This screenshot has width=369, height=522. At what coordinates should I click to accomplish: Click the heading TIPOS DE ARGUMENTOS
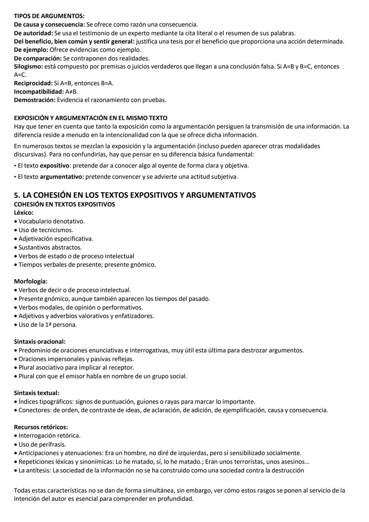(49, 16)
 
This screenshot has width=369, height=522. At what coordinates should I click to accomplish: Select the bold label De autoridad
(33, 33)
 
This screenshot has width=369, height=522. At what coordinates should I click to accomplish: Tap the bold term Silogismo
(28, 66)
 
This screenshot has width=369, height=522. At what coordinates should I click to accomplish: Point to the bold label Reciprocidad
(33, 83)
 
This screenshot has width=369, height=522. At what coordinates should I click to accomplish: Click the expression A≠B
(71, 92)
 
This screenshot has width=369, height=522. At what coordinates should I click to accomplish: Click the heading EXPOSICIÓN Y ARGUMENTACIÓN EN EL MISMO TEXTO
(91, 118)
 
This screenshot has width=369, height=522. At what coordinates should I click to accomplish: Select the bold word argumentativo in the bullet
(61, 177)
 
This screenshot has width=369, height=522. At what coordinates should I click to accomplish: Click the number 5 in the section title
(16, 195)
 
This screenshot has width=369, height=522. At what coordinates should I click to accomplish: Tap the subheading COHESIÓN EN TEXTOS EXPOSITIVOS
(64, 205)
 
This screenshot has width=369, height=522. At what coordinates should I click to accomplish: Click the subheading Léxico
(24, 213)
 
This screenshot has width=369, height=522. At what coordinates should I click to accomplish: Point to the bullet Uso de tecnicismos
(46, 230)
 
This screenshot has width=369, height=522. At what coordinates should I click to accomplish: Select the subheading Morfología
(30, 282)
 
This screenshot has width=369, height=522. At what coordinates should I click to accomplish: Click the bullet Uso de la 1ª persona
(47, 325)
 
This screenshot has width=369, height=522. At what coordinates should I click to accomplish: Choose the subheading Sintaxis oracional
(40, 341)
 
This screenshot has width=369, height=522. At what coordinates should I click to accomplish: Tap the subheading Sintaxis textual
(36, 393)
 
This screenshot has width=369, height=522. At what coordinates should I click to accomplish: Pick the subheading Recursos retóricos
(41, 427)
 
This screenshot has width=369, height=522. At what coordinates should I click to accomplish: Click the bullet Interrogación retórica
(49, 435)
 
